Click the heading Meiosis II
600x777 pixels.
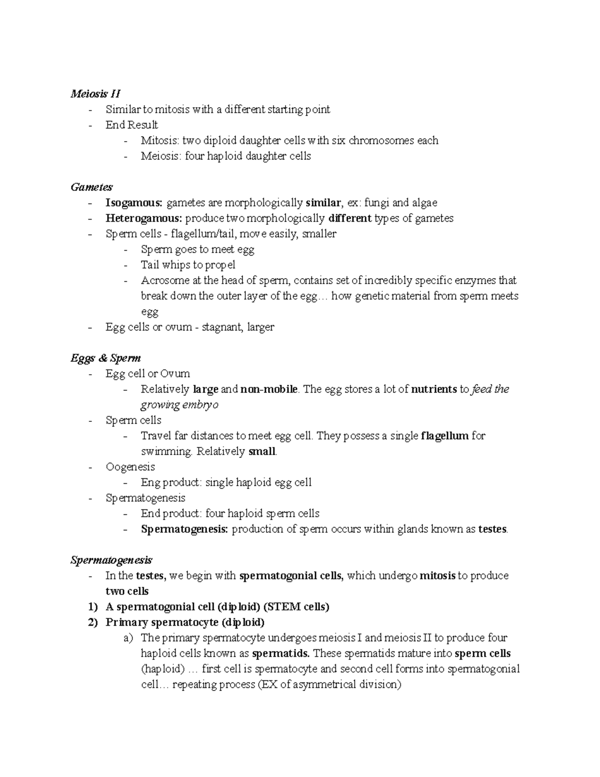click(95, 94)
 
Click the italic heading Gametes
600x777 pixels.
click(91, 187)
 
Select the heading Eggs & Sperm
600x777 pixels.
click(105, 358)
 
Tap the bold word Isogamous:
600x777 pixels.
click(134, 203)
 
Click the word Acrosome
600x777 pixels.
click(165, 280)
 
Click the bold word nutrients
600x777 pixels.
click(433, 389)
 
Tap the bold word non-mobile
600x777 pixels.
click(269, 389)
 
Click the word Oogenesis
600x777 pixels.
click(130, 467)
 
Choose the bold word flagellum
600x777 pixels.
click(444, 436)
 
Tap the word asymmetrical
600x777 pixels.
click(325, 684)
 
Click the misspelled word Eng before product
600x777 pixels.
click(149, 482)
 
